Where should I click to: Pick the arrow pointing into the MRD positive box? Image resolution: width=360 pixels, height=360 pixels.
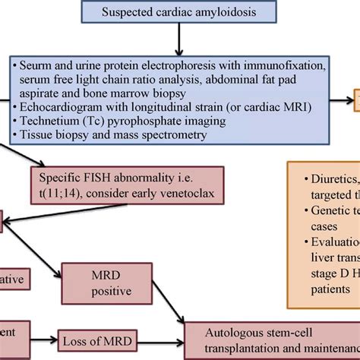click(x=53, y=257)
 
